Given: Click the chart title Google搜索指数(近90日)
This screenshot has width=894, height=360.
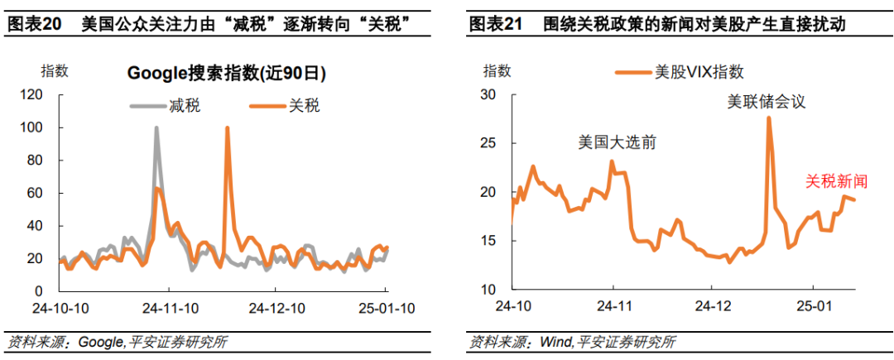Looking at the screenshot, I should coord(227,74).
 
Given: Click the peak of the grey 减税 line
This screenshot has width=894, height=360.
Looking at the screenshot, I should coord(156,128).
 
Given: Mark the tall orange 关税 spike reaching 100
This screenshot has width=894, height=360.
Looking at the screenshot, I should coord(227,128).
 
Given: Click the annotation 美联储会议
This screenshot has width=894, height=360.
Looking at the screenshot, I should coord(766,102).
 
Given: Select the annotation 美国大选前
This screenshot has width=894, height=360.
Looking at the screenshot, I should coord(617,142).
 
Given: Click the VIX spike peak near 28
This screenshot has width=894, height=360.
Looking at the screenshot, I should coord(769,118).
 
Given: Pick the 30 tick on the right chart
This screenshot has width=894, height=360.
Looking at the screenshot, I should coord(488,95).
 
